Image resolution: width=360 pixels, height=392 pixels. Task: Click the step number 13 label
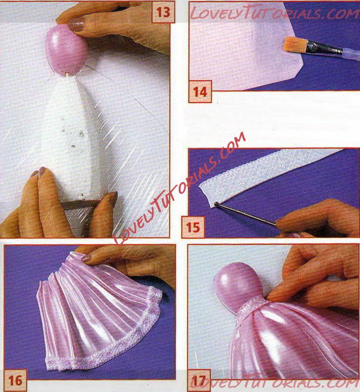pos(163,12)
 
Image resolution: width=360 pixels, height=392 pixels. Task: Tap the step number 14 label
pos(200,92)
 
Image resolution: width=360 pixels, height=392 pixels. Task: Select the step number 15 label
pos(193,227)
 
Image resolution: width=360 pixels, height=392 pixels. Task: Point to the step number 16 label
pos(15,380)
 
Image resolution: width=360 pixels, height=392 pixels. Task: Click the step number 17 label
pos(199,381)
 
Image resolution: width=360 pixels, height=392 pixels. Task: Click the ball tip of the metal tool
pos(216,205)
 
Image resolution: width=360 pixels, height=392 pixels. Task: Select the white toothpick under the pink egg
pos(67,75)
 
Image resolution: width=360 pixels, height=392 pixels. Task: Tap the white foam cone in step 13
pos(73,142)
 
